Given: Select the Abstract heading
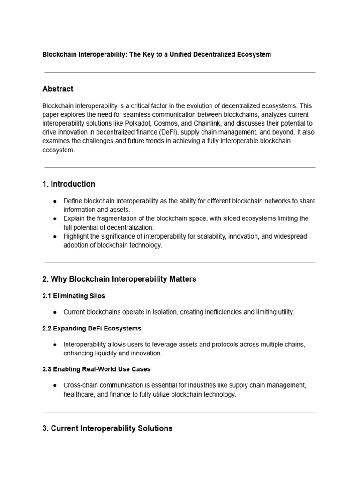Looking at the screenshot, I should coord(58,89).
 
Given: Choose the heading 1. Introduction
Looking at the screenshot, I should coord(69,184).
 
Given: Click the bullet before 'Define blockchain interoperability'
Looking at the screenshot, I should coord(55,201).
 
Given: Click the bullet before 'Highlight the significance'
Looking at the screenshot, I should coord(55,237).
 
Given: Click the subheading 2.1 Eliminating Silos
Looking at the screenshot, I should coord(74,296).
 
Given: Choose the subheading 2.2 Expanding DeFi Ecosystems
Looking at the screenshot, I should coord(91,329).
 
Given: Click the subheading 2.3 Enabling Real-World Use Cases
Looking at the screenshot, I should coord(96,369).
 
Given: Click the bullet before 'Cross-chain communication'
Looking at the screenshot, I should coord(55,385).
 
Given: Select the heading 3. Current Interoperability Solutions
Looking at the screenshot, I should coord(107,428).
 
